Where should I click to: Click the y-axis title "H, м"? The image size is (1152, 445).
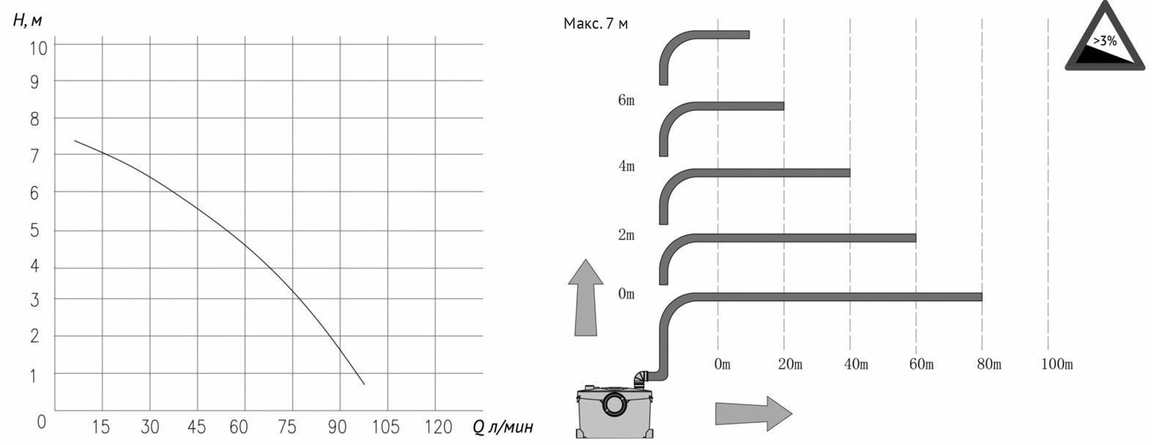tap(26, 20)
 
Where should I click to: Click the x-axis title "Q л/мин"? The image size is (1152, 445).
tap(503, 427)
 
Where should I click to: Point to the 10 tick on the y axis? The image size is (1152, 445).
tap(38, 48)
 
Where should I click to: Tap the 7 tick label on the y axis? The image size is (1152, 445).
tap(34, 155)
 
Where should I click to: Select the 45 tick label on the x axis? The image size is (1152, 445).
tap(196, 427)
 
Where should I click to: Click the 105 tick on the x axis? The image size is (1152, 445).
tap(385, 427)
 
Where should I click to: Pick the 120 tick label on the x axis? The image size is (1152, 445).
tap(438, 427)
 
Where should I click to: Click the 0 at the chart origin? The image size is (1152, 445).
tap(42, 422)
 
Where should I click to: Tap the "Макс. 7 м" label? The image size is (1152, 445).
tap(596, 23)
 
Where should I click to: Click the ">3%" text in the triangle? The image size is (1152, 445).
tap(1104, 40)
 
